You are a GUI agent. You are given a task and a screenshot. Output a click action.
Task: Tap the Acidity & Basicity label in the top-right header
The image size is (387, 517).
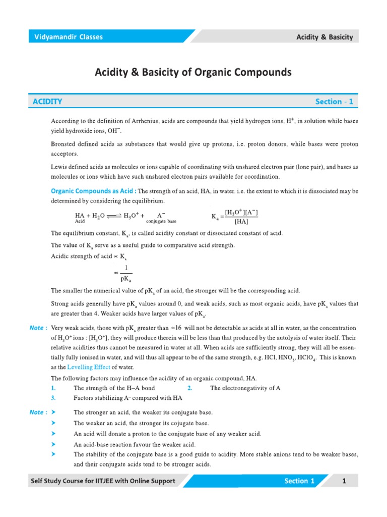tap(324, 37)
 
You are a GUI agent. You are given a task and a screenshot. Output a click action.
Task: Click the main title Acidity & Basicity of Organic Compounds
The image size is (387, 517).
tap(193, 73)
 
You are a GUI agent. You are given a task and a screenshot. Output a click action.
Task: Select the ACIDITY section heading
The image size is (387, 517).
tap(47, 101)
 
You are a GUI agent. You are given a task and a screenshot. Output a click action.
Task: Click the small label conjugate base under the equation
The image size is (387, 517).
tap(161, 221)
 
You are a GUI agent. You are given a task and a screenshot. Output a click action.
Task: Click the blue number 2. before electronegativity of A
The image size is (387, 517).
tap(190, 388)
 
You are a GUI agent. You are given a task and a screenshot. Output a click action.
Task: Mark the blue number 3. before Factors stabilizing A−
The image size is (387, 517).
tap(53, 398)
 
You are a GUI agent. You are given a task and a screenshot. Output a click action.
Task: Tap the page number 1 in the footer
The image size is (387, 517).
tap(344, 481)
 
